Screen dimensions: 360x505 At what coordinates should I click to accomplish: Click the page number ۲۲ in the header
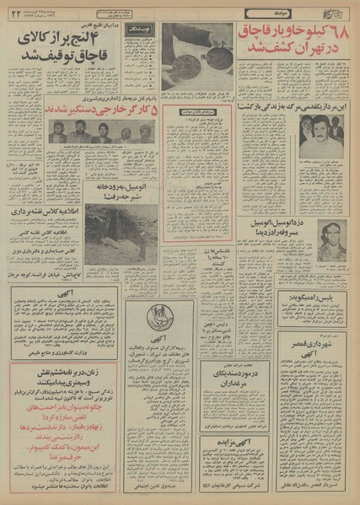point(13,14)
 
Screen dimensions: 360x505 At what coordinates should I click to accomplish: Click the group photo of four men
point(92,132)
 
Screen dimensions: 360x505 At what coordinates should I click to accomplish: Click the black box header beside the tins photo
point(138,30)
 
